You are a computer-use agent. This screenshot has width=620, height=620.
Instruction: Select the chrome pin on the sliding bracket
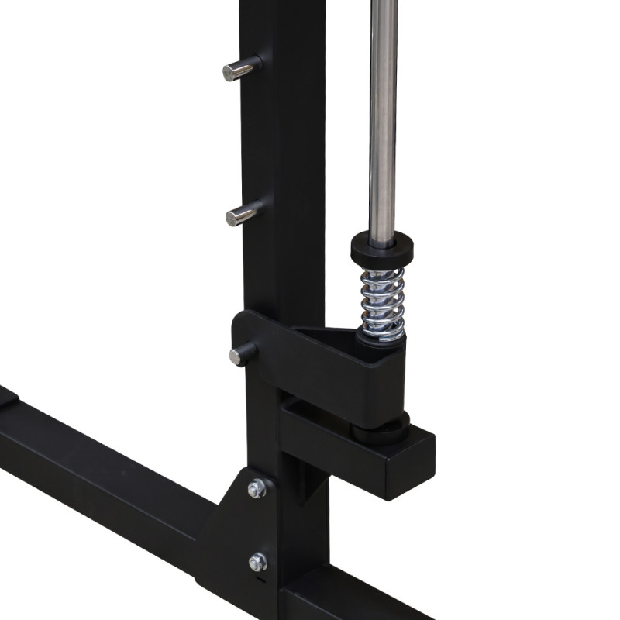(x=243, y=355)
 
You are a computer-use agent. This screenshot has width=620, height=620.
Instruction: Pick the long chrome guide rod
(x=383, y=116)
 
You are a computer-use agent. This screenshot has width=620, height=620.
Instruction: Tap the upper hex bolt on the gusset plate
(x=257, y=488)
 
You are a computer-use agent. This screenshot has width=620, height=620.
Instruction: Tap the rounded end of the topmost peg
(x=229, y=72)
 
